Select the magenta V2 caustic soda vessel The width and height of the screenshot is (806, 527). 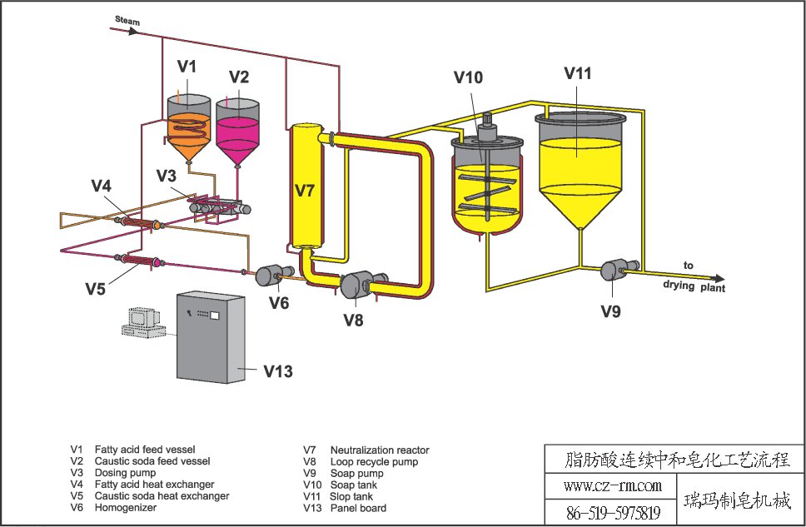238,131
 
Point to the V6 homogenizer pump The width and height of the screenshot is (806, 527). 270,275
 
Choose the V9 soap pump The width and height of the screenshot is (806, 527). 615,270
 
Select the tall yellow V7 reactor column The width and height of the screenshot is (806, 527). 304,187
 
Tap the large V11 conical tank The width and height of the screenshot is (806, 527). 580,171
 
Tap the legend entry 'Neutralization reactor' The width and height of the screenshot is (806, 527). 379,450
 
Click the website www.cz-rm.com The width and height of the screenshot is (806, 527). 612,485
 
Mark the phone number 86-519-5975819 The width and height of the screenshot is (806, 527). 612,512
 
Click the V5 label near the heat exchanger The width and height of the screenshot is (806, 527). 96,288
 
